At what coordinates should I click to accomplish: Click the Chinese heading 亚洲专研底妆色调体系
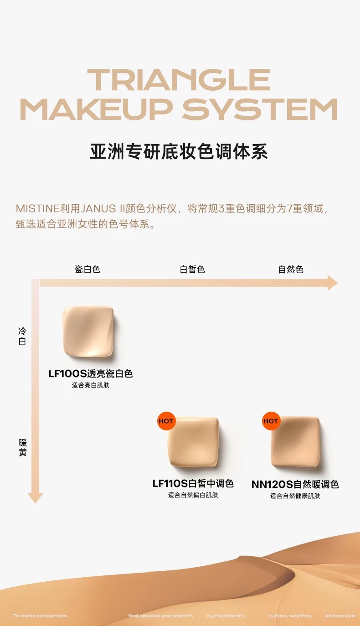click(179, 151)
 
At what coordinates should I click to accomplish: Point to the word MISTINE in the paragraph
click(37, 209)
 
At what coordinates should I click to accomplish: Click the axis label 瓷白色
click(87, 269)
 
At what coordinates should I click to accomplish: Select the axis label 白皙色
click(192, 269)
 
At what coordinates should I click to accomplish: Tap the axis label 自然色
click(291, 269)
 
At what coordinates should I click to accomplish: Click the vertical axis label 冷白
click(22, 336)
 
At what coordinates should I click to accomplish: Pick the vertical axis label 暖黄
click(23, 447)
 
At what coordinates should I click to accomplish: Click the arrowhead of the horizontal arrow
click(332, 283)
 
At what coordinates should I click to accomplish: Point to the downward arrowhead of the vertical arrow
click(35, 498)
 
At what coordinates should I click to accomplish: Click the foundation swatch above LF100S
click(88, 331)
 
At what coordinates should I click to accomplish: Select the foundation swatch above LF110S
click(193, 442)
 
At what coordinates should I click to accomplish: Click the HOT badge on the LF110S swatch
click(165, 421)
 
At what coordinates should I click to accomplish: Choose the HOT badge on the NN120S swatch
click(271, 421)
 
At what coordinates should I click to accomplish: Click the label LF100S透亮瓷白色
click(91, 374)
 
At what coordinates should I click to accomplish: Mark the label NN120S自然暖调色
click(295, 484)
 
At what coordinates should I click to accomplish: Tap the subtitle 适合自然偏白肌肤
click(193, 495)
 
